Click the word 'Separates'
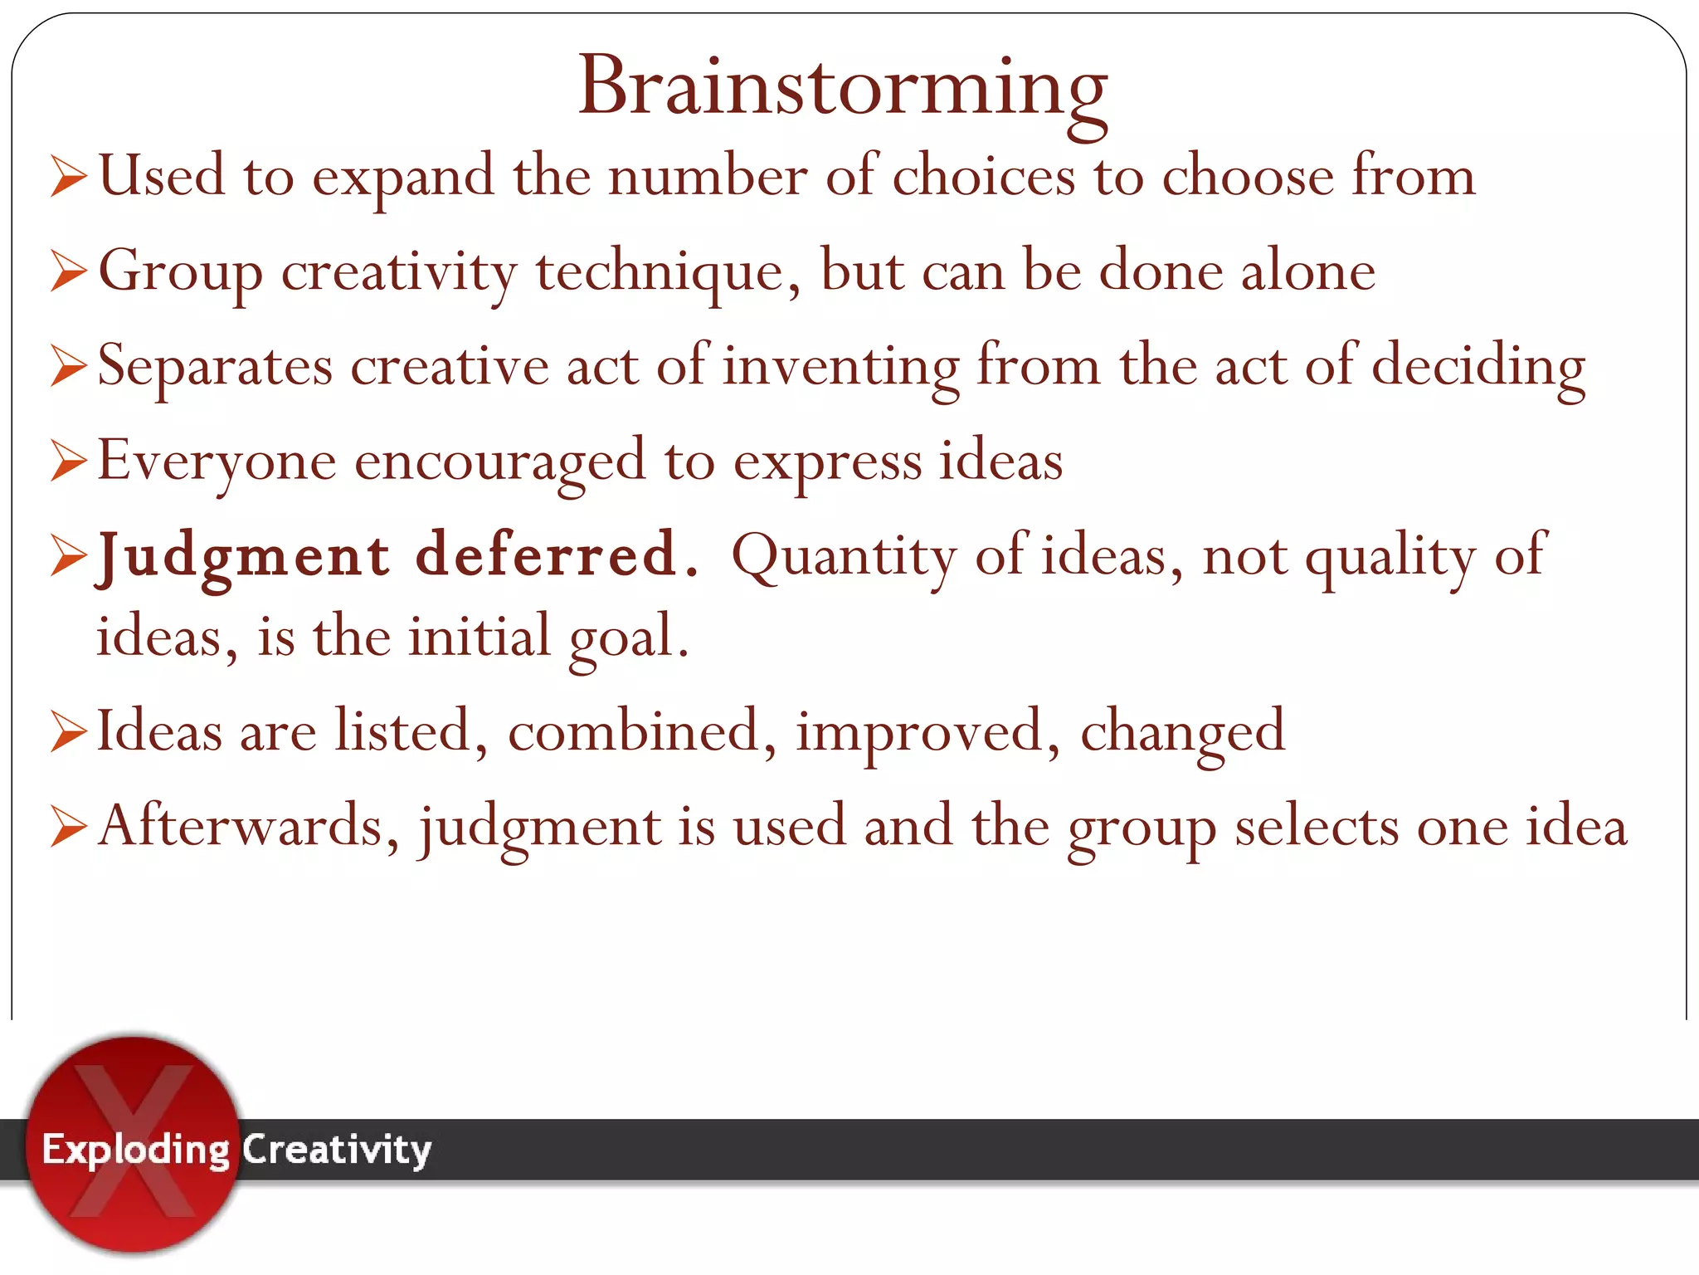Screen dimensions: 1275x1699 coord(215,367)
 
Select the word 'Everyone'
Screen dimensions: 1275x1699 coord(217,462)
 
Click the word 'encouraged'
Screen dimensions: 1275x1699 coord(499,462)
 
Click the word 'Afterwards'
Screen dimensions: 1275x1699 coord(241,827)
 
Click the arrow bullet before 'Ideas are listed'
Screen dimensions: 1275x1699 coord(68,731)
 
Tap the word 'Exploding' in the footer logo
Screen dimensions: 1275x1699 coord(135,1150)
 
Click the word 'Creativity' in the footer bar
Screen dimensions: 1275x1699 coord(336,1150)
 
